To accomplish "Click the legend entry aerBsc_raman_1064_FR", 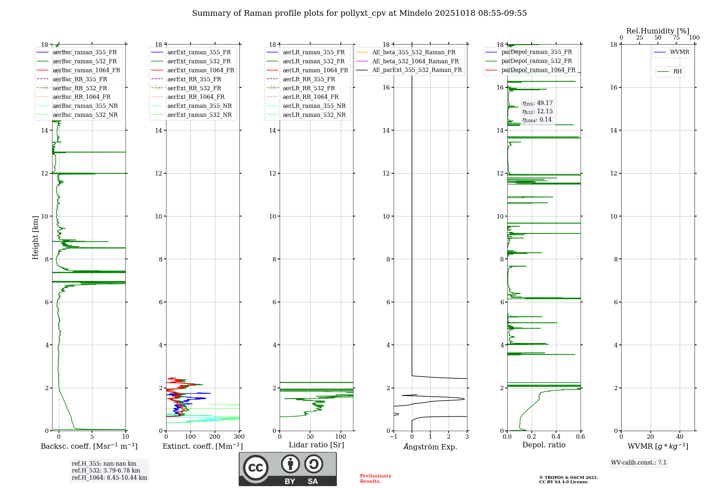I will tap(86, 70).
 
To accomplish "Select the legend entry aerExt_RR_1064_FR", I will tap(196, 97).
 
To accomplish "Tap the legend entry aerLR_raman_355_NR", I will tap(314, 106).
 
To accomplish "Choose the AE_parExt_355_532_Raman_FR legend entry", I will tap(417, 70).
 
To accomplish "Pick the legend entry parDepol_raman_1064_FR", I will tap(538, 70).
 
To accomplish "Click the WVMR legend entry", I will tap(679, 52).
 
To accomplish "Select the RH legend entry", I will tap(677, 72).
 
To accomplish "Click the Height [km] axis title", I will tap(35, 238).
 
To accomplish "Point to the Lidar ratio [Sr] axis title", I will tap(316, 445).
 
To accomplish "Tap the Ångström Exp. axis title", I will tap(430, 447).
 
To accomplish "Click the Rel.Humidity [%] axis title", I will tap(658, 31).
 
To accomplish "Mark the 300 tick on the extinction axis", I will tap(239, 437).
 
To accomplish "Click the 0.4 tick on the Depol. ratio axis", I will tap(556, 437).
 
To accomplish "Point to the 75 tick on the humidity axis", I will tap(676, 38).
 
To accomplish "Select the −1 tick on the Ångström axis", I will tap(394, 437).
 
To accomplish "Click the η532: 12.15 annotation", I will tap(537, 111).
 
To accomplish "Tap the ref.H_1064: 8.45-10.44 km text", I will tap(109, 477).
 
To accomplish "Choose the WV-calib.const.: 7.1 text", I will tap(639, 462).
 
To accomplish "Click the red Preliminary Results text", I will tap(375, 478).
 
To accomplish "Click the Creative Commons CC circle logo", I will tap(256, 467).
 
